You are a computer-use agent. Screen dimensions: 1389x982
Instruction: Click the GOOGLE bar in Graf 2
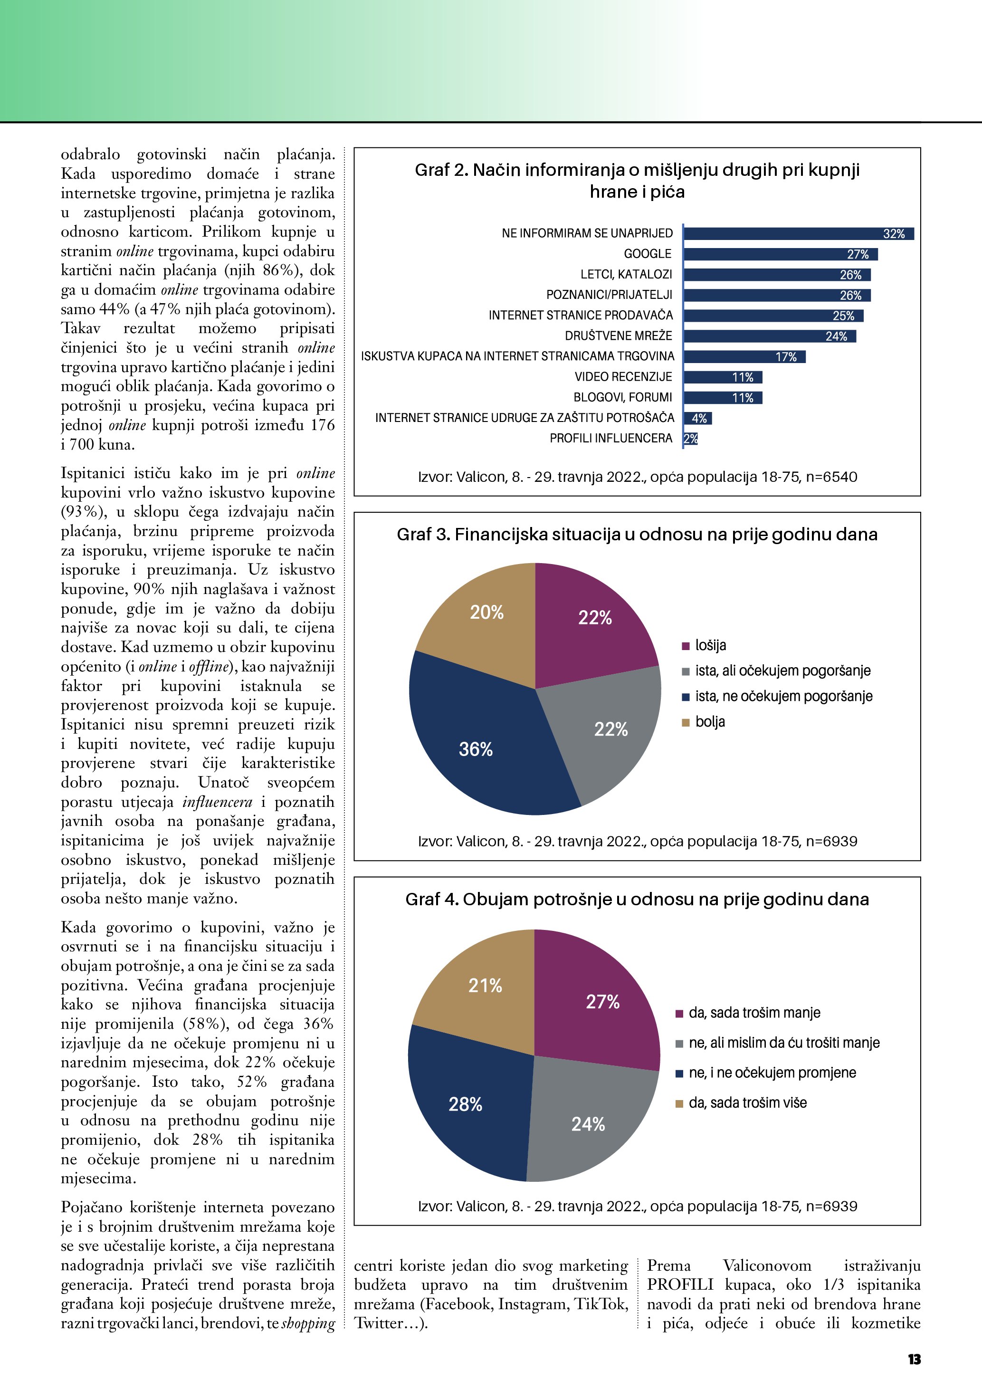point(780,254)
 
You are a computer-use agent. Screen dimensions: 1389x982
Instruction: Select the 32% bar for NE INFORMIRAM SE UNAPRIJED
point(798,233)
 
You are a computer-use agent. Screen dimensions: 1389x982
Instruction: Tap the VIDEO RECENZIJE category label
point(623,377)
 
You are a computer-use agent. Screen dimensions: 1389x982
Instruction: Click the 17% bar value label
point(786,357)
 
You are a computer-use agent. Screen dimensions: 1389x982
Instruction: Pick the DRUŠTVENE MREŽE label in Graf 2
point(618,336)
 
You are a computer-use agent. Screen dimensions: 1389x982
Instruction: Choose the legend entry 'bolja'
point(709,722)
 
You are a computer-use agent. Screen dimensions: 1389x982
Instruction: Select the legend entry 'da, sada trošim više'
point(747,1102)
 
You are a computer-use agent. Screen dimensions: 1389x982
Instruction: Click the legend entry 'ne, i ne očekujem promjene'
point(772,1073)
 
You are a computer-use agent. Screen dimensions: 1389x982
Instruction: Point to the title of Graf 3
point(637,534)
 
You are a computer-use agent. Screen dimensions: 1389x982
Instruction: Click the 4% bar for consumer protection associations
point(698,418)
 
